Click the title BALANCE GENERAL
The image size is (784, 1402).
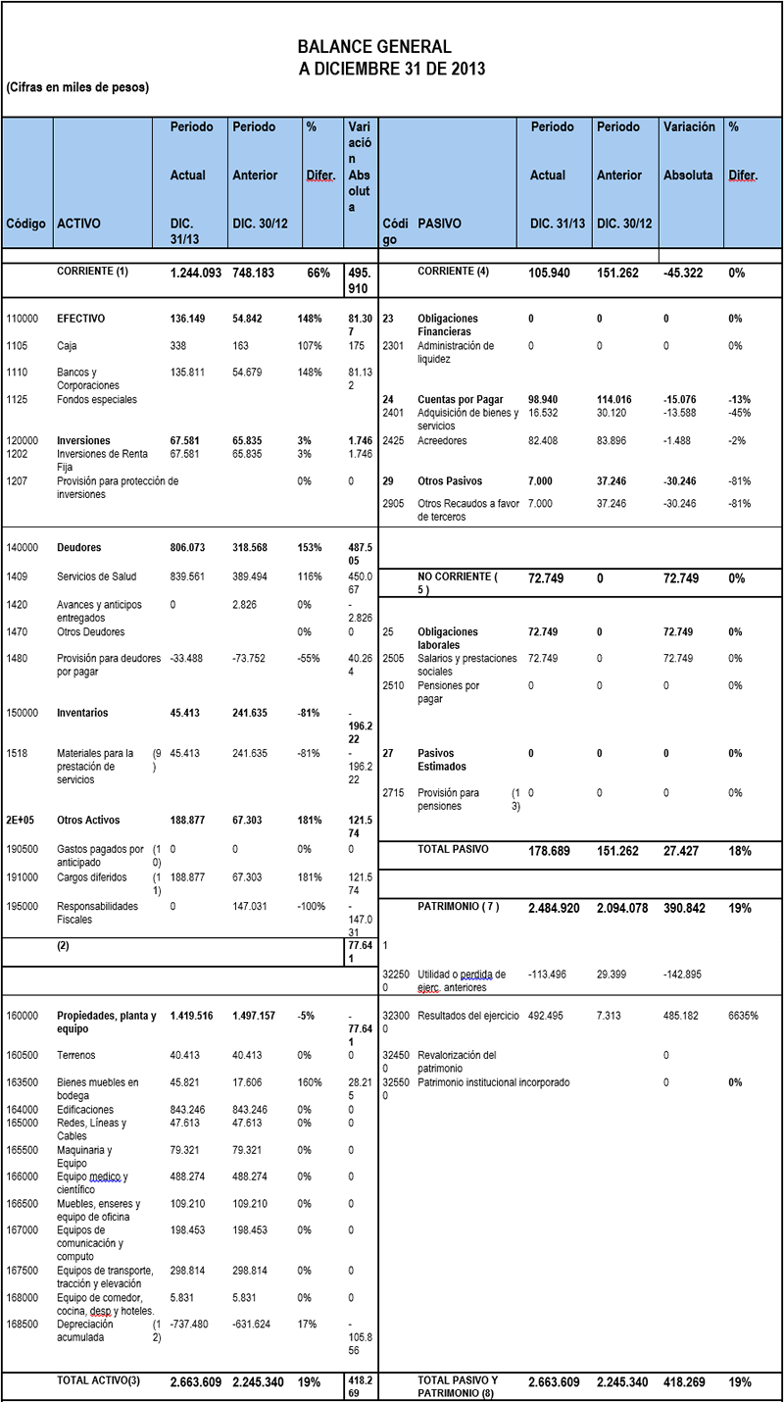pos(374,47)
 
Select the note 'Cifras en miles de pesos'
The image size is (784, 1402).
pos(77,87)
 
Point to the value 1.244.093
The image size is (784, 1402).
pos(195,274)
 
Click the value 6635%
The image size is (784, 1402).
pos(745,1016)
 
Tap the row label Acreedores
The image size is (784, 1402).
pos(443,440)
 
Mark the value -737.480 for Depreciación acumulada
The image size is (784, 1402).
pos(190,1324)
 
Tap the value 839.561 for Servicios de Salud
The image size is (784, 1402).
pos(190,577)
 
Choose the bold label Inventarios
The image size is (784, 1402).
pos(82,713)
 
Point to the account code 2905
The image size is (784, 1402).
pos(393,503)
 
